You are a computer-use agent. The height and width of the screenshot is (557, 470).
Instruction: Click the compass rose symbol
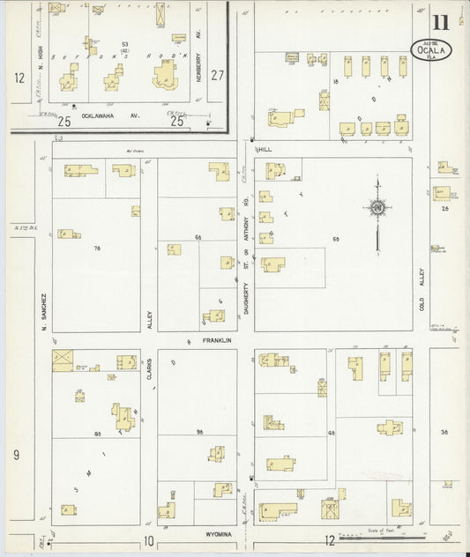coord(378,208)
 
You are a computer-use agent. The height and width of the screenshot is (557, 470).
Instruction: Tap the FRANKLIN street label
coord(214,341)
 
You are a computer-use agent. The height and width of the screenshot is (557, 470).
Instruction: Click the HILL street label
coord(265,150)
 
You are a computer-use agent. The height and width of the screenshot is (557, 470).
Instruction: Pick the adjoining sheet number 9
coord(16,454)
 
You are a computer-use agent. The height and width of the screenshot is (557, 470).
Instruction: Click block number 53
coord(125,44)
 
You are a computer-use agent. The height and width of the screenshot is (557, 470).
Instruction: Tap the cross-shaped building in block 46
coord(388,427)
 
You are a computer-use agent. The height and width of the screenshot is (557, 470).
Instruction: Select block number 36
coord(445,432)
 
